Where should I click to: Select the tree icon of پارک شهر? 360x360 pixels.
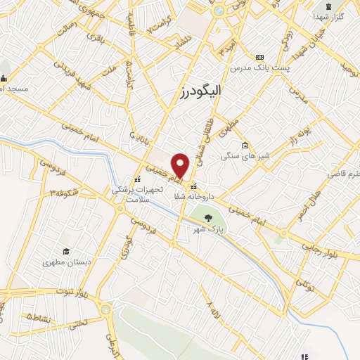click(207, 217)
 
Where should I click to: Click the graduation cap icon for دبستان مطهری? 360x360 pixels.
click(66, 252)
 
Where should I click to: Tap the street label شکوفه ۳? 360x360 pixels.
click(63, 191)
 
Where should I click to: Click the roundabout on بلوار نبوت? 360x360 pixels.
click(105, 309)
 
